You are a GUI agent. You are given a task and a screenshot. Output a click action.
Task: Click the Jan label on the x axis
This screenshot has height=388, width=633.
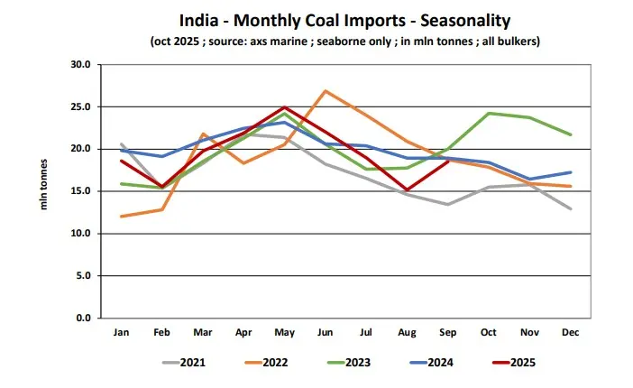[120, 333]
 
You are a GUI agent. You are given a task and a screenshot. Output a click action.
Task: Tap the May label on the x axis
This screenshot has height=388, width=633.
[284, 333]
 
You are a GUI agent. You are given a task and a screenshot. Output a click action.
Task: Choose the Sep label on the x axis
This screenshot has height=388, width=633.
[448, 333]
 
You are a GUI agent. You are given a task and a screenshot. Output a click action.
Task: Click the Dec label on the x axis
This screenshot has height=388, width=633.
[571, 333]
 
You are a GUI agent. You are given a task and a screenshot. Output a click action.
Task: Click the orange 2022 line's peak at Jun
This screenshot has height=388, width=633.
[325, 91]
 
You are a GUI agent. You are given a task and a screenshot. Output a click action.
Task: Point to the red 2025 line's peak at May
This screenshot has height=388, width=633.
[284, 107]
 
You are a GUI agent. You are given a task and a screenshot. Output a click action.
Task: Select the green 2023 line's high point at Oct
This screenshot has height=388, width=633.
[489, 114]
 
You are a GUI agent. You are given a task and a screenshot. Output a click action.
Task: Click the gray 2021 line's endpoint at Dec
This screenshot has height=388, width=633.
[571, 209]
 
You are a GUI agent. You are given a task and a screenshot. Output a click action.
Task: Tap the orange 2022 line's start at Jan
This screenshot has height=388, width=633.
[120, 217]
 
